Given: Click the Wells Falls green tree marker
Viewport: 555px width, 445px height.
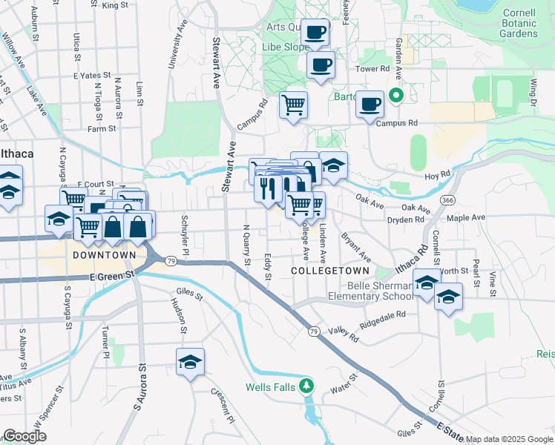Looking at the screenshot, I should pyautogui.click(x=305, y=386).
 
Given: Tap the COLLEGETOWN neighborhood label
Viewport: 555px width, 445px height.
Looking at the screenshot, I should pyautogui.click(x=321, y=272).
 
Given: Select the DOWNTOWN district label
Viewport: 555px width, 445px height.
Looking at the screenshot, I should pyautogui.click(x=104, y=255).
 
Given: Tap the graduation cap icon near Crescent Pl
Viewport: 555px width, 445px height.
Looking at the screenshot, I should pyautogui.click(x=191, y=363).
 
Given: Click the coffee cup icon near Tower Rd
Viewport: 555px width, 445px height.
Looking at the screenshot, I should pyautogui.click(x=321, y=65).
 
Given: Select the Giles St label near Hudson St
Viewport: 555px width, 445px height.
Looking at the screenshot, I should pyautogui.click(x=189, y=294).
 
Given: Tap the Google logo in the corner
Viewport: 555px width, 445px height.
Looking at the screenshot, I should pyautogui.click(x=24, y=437).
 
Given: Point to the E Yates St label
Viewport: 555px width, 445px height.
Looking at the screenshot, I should pyautogui.click(x=91, y=76).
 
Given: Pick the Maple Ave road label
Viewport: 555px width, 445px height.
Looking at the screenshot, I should pyautogui.click(x=467, y=218).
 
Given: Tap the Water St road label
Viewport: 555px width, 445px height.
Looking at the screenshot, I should pyautogui.click(x=344, y=386).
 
